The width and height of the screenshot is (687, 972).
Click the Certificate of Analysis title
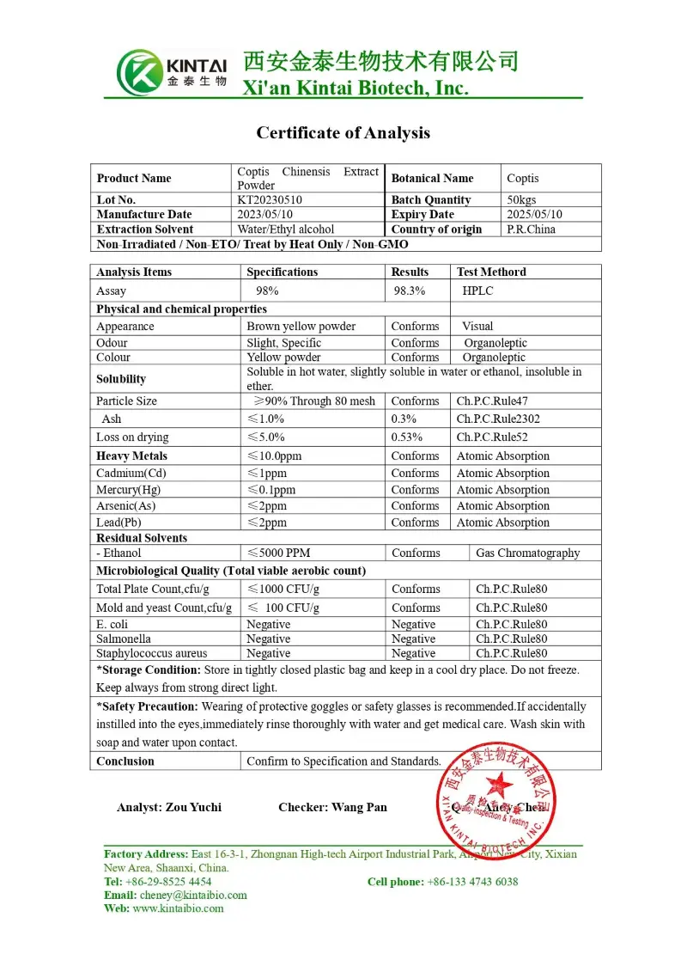(343, 133)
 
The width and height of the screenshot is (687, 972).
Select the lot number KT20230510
(270, 200)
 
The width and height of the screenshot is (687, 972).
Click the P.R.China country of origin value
(531, 229)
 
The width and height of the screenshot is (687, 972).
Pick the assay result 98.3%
(410, 291)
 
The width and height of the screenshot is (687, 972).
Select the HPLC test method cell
(477, 291)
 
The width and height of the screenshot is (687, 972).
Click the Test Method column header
(491, 272)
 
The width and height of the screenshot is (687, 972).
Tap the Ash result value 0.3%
(404, 419)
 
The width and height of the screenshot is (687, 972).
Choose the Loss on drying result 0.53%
(406, 437)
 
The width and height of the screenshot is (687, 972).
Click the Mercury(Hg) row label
(128, 490)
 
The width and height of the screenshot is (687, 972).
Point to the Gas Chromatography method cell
(527, 553)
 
